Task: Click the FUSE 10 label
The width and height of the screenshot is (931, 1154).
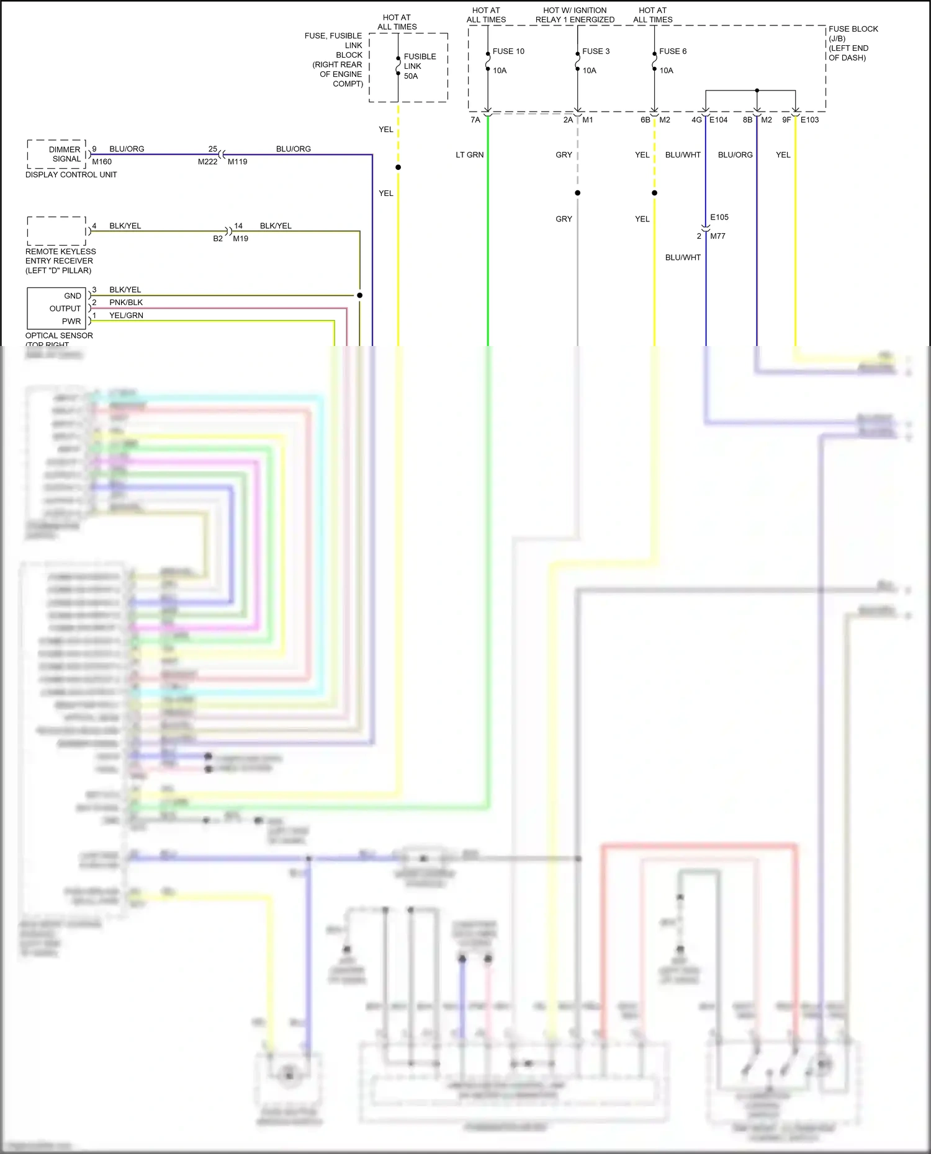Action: pos(508,51)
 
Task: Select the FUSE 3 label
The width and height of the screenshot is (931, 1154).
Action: pos(595,51)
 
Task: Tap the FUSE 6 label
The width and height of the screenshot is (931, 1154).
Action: pos(672,51)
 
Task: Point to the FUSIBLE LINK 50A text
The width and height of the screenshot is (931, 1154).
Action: pos(420,66)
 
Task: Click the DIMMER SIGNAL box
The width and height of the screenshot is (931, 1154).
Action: pos(57,154)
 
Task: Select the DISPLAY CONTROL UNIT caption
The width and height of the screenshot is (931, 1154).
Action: pos(71,175)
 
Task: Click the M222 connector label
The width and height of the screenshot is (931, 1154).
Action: pos(207,162)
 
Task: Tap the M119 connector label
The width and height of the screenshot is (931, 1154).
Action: pos(237,162)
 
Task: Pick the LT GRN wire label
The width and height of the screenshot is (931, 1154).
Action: pos(469,155)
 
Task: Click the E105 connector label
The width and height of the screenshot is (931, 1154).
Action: pos(719,217)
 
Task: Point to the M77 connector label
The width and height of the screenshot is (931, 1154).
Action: pos(717,236)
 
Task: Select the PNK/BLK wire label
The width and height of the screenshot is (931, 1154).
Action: pos(126,303)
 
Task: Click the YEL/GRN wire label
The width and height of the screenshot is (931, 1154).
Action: pos(126,316)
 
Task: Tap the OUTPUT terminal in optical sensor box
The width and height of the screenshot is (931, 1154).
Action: pos(65,309)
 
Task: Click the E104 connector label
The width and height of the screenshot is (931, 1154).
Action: pos(718,120)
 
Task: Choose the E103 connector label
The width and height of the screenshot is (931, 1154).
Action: pos(809,120)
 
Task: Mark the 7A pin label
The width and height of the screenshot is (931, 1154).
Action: pos(475,120)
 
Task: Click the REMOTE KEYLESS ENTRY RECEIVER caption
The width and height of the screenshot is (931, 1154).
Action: pos(60,261)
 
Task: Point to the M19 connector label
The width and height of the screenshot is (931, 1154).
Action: pos(240,239)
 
